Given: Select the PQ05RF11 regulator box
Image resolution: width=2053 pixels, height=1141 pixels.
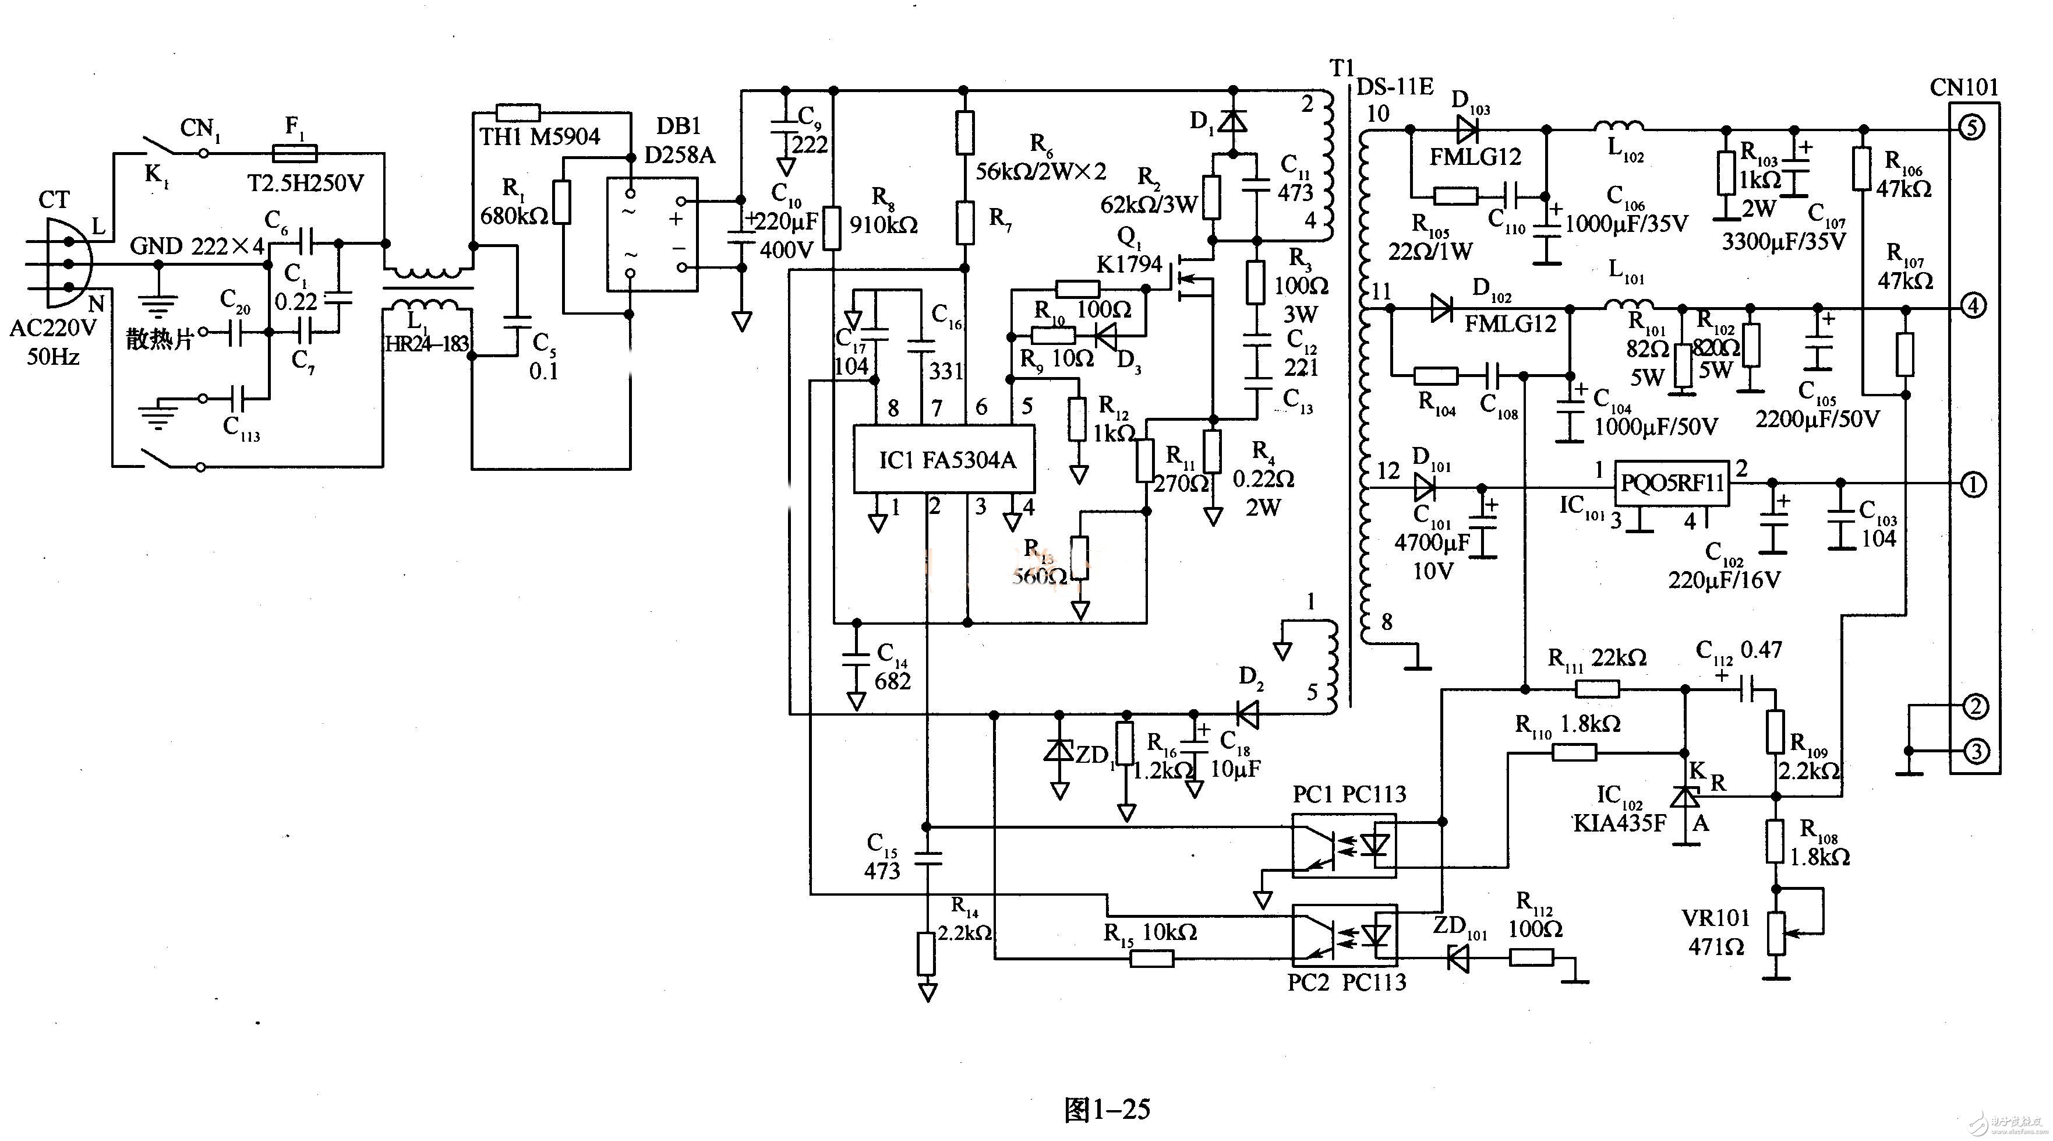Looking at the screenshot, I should (1672, 483).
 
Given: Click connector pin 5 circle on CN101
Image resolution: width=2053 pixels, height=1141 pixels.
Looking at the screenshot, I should (1971, 128).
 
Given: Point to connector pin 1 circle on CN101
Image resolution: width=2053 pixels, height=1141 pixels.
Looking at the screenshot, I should (1973, 484).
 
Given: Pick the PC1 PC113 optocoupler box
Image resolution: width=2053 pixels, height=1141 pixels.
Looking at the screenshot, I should (1344, 845).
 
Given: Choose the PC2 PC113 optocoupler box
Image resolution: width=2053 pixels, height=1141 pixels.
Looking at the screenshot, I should (1344, 935).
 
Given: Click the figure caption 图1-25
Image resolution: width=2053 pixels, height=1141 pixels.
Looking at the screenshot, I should (1107, 1109).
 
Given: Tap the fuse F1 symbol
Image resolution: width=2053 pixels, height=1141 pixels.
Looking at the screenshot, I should (294, 153).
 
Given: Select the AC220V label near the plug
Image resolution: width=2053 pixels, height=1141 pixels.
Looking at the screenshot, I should (52, 327).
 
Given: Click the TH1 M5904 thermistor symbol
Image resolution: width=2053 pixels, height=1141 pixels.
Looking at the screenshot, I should (518, 112).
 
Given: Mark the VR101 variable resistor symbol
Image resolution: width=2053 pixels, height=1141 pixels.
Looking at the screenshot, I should (1776, 934).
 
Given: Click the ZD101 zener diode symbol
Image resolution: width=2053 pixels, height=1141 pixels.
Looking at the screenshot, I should (1458, 957).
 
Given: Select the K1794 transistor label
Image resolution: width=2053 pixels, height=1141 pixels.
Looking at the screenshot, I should (1129, 264).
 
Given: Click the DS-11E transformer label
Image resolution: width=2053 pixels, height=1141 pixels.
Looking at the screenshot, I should (1395, 86).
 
